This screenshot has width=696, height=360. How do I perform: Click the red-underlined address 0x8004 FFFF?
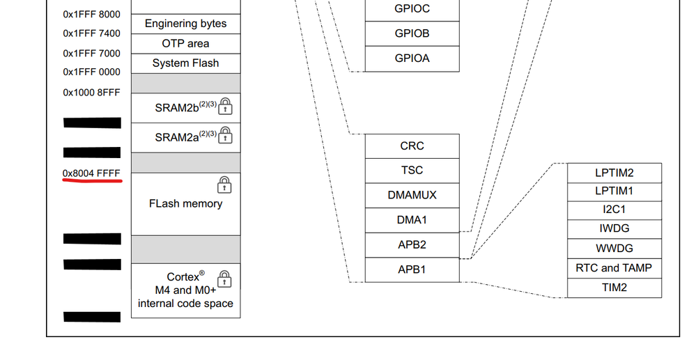[91, 173]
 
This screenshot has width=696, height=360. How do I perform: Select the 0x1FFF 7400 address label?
[91, 33]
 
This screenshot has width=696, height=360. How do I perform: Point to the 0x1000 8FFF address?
[91, 92]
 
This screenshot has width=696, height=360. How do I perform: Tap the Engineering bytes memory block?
[185, 24]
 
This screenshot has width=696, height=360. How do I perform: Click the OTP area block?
[185, 43]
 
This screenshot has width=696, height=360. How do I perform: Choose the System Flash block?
[185, 63]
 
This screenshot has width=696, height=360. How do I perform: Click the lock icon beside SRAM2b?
[225, 107]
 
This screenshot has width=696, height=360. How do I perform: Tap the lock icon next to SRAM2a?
[225, 136]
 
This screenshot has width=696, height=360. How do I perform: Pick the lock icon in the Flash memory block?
[224, 185]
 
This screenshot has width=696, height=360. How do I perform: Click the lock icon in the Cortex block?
[224, 279]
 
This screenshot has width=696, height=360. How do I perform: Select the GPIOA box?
[412, 58]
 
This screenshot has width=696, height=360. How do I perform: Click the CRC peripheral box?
[412, 146]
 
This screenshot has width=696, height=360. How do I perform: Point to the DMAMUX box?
[412, 195]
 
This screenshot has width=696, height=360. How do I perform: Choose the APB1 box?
[412, 269]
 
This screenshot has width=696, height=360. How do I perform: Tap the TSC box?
[412, 171]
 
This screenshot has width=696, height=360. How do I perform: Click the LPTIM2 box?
[614, 173]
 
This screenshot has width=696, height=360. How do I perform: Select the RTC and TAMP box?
[614, 268]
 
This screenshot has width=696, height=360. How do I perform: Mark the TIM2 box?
[614, 288]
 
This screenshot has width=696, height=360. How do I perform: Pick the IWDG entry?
[614, 229]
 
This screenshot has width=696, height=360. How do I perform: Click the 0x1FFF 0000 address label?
[91, 72]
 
